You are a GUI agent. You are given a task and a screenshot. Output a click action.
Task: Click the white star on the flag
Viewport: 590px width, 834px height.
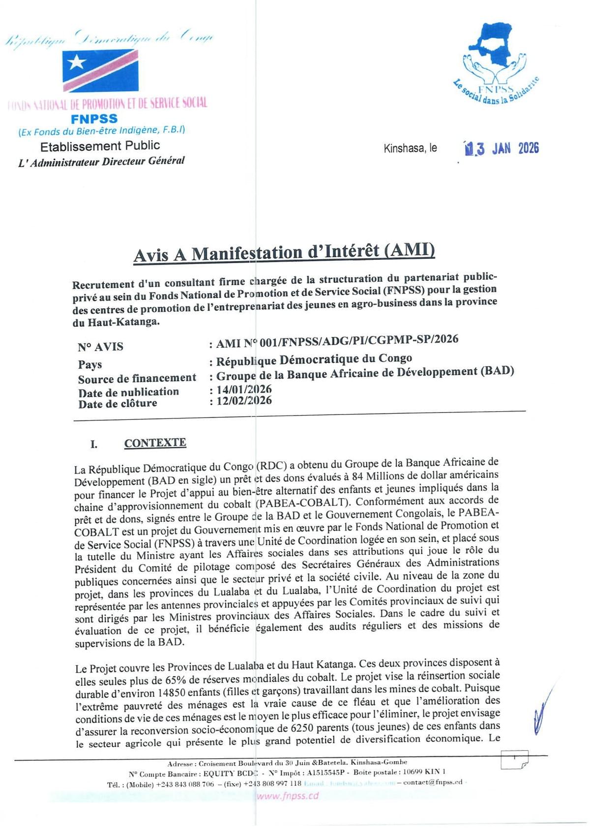point(77,62)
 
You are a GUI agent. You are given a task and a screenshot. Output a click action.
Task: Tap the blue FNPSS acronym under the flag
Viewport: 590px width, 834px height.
point(94,119)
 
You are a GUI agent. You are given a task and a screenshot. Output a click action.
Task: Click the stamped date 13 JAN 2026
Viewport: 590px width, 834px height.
point(501,149)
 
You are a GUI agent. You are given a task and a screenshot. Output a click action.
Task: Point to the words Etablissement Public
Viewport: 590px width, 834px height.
point(100,146)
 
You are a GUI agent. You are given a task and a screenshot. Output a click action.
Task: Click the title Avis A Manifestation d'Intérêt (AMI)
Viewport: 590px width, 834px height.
point(284,252)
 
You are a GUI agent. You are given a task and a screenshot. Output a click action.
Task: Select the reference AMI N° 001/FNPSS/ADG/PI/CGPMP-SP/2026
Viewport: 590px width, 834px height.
point(337,341)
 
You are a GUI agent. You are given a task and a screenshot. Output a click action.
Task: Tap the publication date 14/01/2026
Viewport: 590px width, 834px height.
point(244,389)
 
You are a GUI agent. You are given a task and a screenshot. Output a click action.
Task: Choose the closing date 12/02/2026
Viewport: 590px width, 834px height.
point(244,401)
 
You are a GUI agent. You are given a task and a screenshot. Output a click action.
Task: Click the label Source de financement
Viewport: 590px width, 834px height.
point(137,378)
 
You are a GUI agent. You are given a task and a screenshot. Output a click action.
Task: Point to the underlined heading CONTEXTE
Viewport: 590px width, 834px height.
point(155,443)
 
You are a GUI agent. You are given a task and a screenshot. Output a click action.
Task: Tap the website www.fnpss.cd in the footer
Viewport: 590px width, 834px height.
point(288,796)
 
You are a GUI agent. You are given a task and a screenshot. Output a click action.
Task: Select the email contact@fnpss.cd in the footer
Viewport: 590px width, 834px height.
point(433,782)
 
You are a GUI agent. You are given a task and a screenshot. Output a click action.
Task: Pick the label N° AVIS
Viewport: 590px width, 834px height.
point(100,347)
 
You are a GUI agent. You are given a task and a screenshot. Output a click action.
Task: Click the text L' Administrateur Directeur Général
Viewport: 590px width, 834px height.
point(101,161)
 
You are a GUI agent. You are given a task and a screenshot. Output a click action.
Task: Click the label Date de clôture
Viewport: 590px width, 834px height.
point(118,404)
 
